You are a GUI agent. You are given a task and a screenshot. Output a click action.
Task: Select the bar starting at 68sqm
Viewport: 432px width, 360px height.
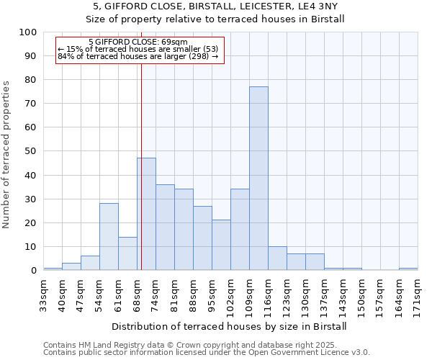point(147,214)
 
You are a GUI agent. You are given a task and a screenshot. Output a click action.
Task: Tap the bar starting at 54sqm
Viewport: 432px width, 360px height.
point(109,237)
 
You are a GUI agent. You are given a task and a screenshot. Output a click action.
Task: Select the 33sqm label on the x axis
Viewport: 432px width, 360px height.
point(44,294)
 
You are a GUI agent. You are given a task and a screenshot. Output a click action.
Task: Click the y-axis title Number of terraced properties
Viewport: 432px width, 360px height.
point(6,155)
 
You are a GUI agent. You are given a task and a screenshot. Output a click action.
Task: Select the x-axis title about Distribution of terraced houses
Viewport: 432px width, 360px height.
point(230,326)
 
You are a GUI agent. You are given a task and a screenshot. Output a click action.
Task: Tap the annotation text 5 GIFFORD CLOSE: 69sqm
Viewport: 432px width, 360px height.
point(138,42)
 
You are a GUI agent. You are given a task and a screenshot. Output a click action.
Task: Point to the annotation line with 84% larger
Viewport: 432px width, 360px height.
point(138,56)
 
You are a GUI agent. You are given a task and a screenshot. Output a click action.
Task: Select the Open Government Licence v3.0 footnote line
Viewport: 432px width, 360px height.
point(206,353)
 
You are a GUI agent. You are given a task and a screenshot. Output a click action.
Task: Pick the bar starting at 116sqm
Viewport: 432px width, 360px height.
point(277,258)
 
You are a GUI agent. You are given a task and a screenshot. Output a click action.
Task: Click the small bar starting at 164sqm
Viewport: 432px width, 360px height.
point(408,269)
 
